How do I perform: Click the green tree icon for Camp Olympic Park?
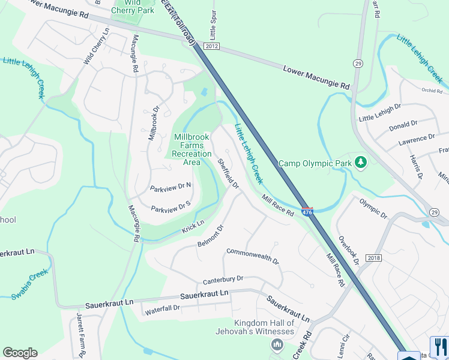point(361,163)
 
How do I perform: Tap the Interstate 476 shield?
point(307,212)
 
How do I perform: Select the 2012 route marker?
point(211,46)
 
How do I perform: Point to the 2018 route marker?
point(373,258)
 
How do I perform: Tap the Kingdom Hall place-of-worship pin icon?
point(277,344)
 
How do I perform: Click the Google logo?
point(20,353)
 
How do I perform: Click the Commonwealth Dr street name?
point(253,257)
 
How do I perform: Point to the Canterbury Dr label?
point(223,279)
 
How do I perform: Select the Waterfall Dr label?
point(162,308)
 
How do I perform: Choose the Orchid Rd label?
point(435,91)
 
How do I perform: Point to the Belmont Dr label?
point(211,236)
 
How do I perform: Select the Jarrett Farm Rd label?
point(80,335)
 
